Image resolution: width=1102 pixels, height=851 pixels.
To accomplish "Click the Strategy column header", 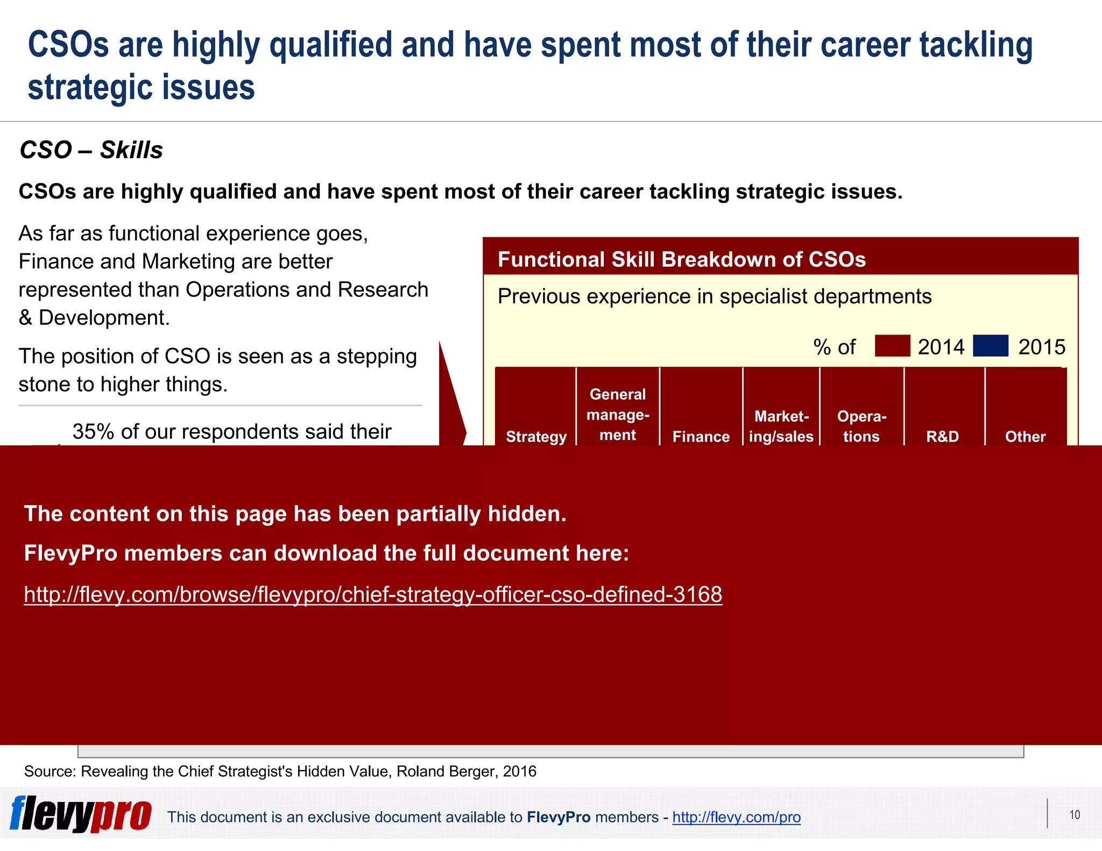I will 536,436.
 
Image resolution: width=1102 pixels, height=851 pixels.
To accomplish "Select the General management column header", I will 618,414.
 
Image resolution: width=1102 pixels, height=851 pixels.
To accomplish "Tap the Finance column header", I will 701,436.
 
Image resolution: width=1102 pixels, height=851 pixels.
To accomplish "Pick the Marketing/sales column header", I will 781,426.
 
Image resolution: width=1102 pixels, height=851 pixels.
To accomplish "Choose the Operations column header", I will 861,426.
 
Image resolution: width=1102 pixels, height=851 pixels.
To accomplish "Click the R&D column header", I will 942,436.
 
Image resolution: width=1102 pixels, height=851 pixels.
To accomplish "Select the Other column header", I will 1025,436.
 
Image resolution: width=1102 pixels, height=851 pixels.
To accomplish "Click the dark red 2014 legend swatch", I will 892,346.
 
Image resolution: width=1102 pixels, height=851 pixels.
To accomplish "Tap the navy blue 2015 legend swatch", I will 990,346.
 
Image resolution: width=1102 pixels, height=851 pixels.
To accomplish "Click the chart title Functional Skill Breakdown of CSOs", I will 681,259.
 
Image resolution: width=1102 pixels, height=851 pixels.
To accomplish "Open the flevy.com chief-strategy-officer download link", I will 373,594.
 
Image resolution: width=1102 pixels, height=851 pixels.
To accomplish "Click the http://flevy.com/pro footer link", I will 736,817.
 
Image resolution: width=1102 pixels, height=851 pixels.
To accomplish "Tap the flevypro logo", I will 81,814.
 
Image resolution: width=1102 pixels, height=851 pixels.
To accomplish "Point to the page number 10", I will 1075,814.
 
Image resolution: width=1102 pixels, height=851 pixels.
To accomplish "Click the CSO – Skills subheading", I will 91,150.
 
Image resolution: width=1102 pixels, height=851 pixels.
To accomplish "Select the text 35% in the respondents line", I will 93,431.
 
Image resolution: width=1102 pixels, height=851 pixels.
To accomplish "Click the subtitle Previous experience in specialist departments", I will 714,296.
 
